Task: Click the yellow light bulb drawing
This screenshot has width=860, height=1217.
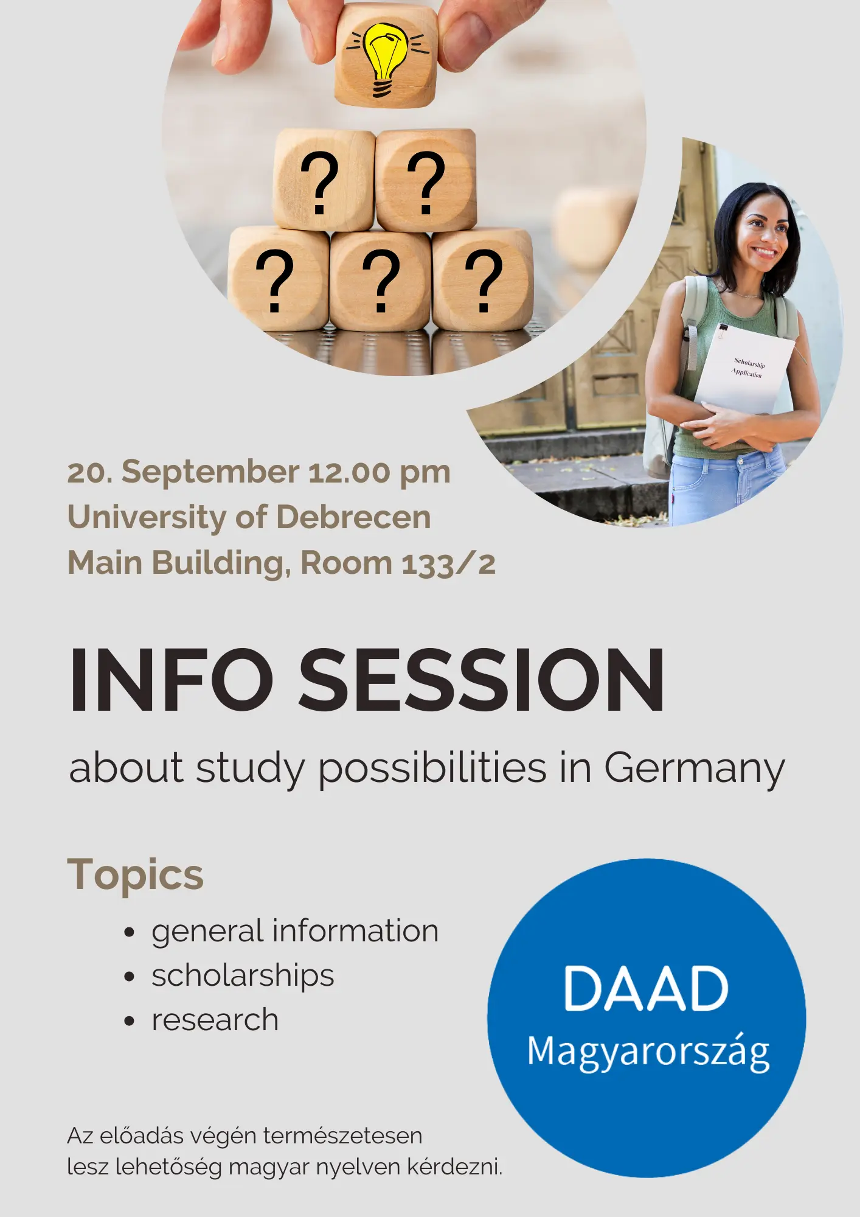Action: (384, 60)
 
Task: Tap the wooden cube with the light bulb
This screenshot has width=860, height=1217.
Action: (386, 56)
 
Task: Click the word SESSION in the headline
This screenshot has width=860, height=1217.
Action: (482, 680)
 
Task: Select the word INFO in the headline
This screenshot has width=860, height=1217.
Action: (172, 680)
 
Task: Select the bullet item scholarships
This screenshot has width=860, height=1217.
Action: (243, 976)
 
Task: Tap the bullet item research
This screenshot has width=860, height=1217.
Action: (215, 1020)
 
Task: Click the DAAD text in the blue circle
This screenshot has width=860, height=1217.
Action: (646, 988)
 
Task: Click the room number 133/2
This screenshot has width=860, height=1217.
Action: (448, 563)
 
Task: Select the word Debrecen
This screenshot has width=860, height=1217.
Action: (353, 517)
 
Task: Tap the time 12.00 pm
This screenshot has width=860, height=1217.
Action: (380, 473)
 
